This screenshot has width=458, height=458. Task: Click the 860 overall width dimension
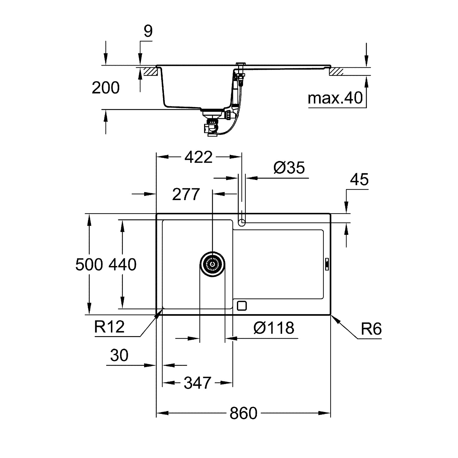click(x=243, y=413)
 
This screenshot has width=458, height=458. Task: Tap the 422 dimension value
click(x=198, y=157)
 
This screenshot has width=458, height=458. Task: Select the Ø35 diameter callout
click(x=289, y=168)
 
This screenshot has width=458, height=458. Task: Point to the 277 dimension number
click(x=186, y=194)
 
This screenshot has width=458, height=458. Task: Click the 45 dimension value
click(x=359, y=180)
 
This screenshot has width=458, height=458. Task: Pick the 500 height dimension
click(x=89, y=264)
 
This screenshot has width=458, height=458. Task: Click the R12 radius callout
click(x=109, y=327)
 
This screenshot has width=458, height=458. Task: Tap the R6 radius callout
click(x=371, y=329)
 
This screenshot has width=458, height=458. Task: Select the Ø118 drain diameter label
click(x=274, y=328)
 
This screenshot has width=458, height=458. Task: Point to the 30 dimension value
click(x=119, y=355)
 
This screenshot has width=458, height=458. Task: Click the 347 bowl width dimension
click(x=197, y=383)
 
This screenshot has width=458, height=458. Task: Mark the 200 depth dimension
click(x=106, y=88)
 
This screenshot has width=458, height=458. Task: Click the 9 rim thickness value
click(x=148, y=31)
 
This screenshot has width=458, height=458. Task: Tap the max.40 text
click(x=335, y=98)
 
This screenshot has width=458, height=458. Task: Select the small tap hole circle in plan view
click(x=242, y=223)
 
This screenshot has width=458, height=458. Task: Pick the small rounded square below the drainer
click(x=242, y=306)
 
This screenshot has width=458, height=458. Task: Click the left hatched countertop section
click(x=151, y=72)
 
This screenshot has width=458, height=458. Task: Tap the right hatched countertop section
click(x=336, y=72)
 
